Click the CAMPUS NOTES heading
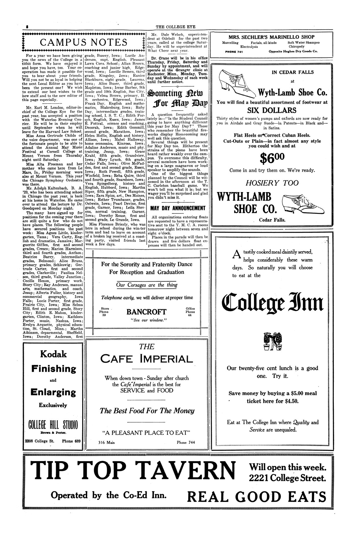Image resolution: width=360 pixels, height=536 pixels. [x=83, y=43]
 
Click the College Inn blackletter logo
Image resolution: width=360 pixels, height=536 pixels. [x=272, y=303]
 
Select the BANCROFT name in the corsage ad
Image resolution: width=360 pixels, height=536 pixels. [x=146, y=312]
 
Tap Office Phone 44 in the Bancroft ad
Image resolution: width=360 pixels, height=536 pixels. [x=190, y=312]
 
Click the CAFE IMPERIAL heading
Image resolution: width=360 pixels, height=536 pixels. [x=147, y=359]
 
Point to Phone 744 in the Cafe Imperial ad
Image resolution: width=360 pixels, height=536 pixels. [x=186, y=443]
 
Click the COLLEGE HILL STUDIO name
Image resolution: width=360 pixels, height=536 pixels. [x=53, y=425]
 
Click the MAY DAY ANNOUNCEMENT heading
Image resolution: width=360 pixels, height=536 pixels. [x=178, y=208]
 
